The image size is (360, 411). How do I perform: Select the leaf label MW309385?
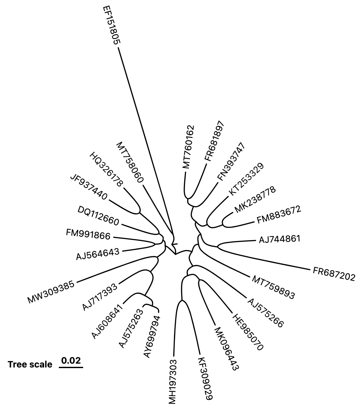click(x=51, y=292)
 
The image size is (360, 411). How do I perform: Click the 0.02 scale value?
click(x=71, y=360)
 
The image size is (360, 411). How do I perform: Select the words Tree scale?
click(x=30, y=364)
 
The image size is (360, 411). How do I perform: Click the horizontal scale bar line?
click(x=71, y=367)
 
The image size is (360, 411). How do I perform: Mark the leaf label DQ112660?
click(x=98, y=216)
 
